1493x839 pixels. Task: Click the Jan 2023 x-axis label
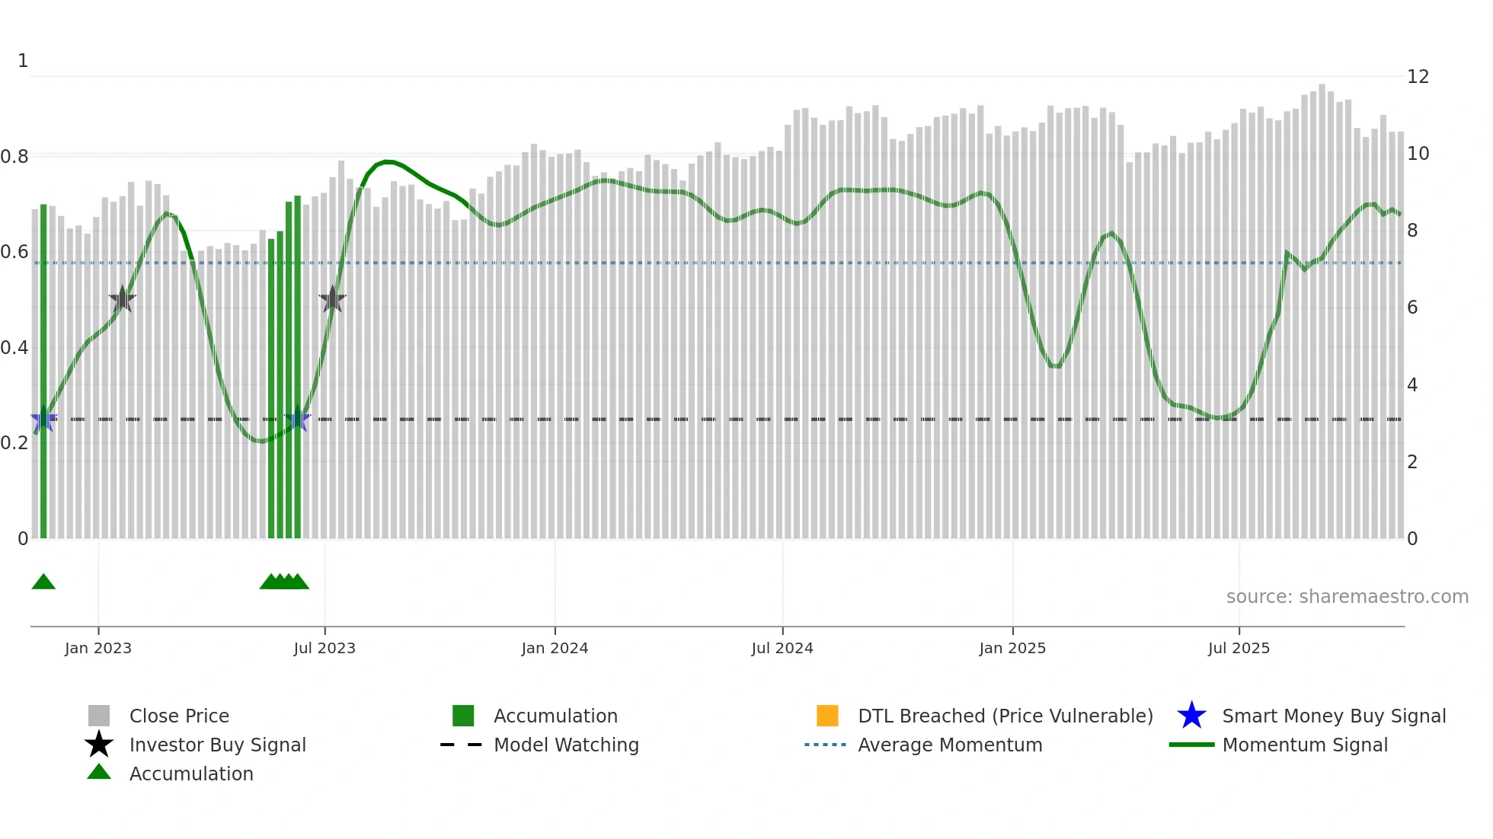click(98, 648)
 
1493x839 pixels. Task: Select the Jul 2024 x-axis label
click(782, 648)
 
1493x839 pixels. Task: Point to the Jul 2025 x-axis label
click(1239, 648)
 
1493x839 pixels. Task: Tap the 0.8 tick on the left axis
click(14, 157)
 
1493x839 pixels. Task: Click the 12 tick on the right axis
click(1418, 77)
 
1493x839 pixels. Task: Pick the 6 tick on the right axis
click(1412, 308)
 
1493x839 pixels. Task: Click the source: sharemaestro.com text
click(1347, 597)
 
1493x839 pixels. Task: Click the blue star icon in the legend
click(1191, 716)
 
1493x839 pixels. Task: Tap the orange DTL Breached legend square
click(827, 716)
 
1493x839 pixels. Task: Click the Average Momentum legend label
click(949, 745)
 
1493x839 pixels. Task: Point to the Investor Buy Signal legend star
click(99, 745)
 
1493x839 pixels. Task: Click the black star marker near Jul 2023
click(332, 299)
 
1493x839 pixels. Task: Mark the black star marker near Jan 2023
click(122, 299)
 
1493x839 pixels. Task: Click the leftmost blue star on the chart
click(43, 419)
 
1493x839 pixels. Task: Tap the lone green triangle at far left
click(43, 582)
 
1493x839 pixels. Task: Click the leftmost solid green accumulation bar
click(43, 373)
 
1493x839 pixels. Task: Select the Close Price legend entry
click(178, 716)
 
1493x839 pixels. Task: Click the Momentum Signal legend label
click(1304, 745)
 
